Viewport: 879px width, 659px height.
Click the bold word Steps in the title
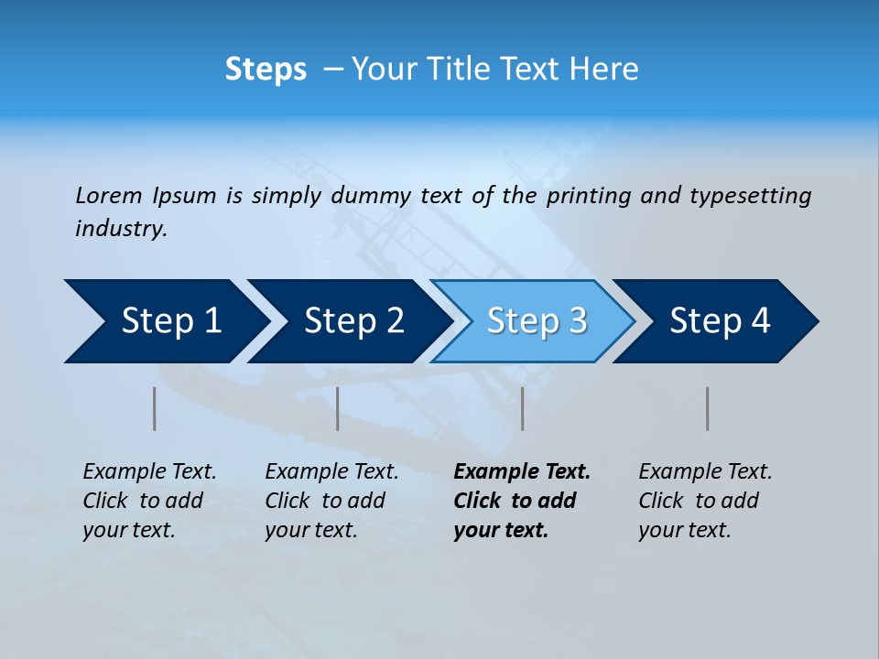coord(266,70)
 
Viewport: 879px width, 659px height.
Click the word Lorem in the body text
coord(109,195)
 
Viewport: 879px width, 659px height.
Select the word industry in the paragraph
coord(120,228)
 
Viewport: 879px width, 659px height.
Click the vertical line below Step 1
coord(155,408)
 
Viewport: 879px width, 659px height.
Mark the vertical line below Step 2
coord(338,408)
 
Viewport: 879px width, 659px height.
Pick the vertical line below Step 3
coord(522,408)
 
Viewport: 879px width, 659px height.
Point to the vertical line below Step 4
coord(708,408)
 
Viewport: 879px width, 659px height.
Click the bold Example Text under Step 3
coord(522,472)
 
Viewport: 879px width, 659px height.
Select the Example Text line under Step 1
coord(149,472)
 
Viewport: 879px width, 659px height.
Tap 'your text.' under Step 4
coord(684,530)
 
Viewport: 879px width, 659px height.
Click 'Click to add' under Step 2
coord(325,501)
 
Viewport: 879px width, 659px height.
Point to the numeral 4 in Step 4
coord(760,321)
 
